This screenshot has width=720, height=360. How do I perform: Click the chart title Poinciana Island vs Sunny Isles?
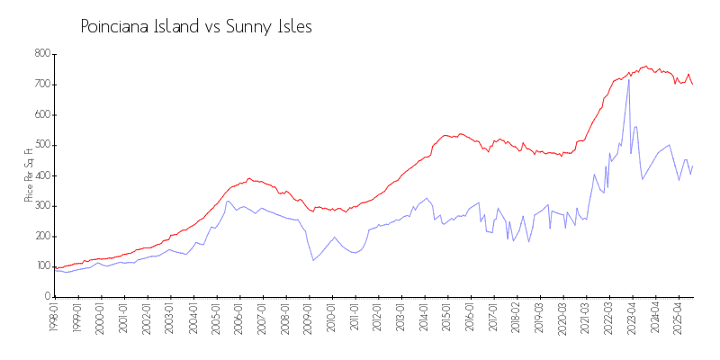[196, 27]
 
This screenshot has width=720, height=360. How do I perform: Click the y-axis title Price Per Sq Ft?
[29, 175]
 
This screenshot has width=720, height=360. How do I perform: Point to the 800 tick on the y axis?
[41, 54]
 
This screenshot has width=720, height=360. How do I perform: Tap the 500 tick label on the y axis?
[41, 145]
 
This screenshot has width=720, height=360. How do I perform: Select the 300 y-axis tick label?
[41, 206]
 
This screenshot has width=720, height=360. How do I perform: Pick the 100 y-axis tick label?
[41, 266]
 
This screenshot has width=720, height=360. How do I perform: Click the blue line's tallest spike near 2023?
[629, 81]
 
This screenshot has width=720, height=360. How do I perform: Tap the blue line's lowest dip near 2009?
[313, 260]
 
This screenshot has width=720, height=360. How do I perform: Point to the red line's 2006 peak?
[249, 178]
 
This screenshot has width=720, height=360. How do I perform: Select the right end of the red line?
[692, 84]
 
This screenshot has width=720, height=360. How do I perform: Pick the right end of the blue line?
[692, 166]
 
